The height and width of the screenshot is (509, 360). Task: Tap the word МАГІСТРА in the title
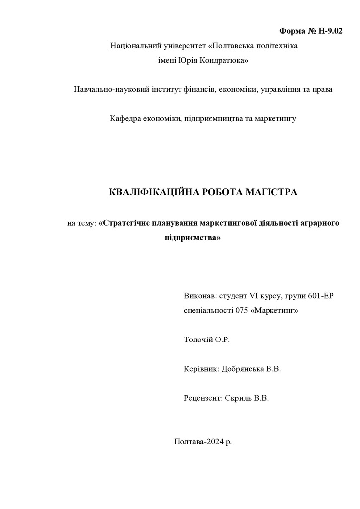point(271,192)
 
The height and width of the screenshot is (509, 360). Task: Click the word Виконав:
point(200,296)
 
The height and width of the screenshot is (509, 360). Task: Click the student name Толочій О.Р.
point(207,340)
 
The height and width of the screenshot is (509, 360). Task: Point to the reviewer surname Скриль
point(238,399)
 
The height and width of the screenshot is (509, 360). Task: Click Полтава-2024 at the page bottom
point(196,441)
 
